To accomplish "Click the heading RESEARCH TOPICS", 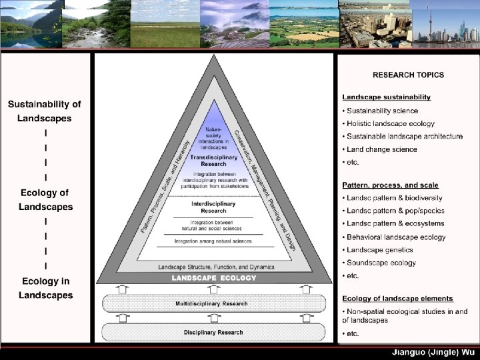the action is coord(408,75).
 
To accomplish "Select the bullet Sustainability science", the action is coord(382,111).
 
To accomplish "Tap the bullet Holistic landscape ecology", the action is coord(390,123).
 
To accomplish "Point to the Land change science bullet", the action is coord(381,149).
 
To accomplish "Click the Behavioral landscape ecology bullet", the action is coord(396,237).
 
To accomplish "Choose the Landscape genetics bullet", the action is coord(378,250).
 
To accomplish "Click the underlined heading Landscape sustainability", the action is coord(387,97).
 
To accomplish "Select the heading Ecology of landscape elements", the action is coord(397,298).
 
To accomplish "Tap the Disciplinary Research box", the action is coord(213,332).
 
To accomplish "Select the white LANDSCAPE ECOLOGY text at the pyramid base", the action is coord(213,277).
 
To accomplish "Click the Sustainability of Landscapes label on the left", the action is coord(45,111).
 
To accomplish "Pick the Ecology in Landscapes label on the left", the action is coord(45,288).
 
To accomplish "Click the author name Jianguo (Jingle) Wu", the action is coord(432,352).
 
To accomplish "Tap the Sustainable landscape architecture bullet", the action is coord(404,136).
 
